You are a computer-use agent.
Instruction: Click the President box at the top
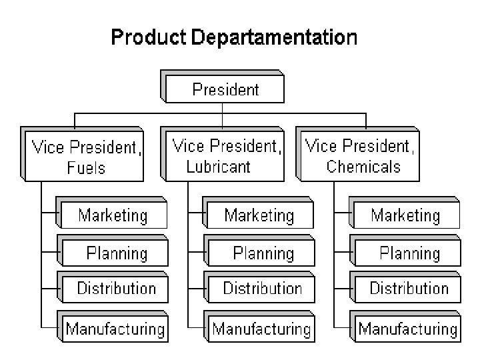(225, 89)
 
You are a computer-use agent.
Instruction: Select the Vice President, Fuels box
(85, 156)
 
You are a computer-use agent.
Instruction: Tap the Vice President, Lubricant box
(225, 156)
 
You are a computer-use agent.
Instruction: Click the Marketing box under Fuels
(113, 215)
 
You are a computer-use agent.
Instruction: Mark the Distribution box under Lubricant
(262, 289)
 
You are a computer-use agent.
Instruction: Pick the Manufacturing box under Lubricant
(261, 328)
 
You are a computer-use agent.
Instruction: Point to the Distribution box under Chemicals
(409, 289)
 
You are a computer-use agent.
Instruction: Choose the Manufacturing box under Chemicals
(407, 328)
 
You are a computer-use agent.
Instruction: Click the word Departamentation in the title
(274, 37)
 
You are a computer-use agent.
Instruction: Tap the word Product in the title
(148, 37)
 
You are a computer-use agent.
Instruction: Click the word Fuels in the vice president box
(87, 167)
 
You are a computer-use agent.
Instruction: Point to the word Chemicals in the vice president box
(364, 166)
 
